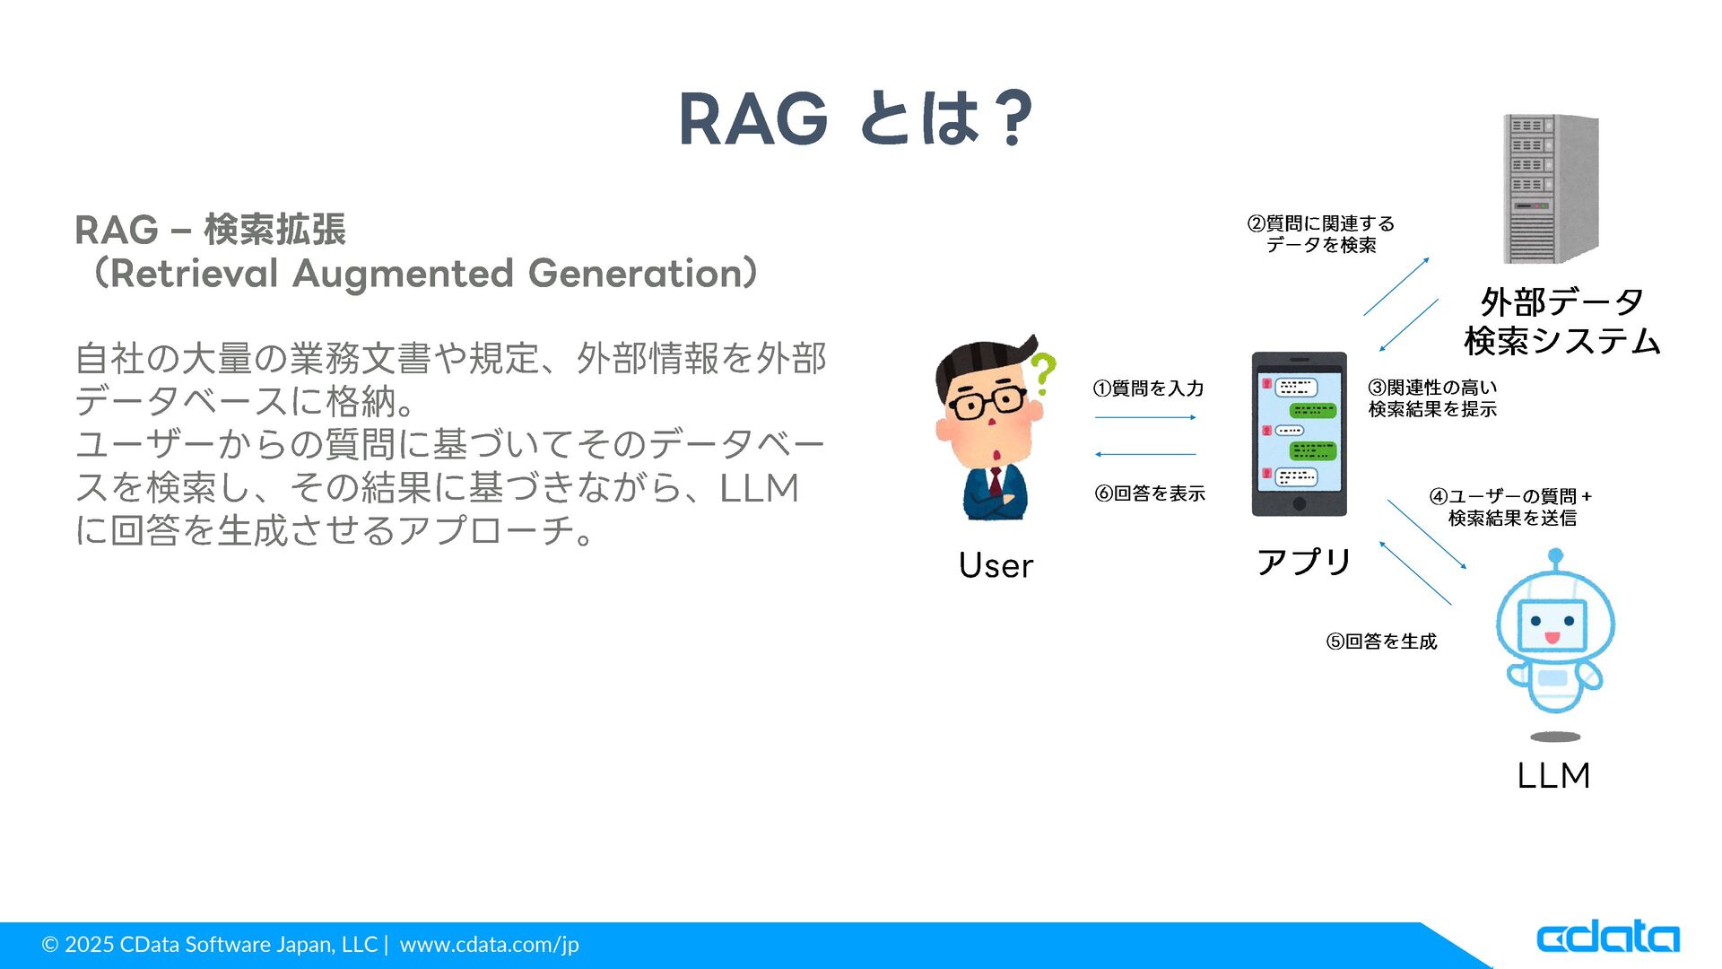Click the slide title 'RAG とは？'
[x=857, y=118]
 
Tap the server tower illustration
[x=1551, y=188]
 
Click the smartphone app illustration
[x=1299, y=434]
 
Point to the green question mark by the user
[x=1042, y=374]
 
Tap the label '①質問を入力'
[x=1148, y=388]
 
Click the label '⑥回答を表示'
[x=1150, y=493]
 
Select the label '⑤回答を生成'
[x=1381, y=642]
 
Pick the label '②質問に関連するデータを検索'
[x=1321, y=234]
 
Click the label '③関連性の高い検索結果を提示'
[x=1432, y=398]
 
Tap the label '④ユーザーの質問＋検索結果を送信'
[x=1511, y=507]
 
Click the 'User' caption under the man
[x=996, y=566]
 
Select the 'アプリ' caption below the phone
[x=1304, y=562]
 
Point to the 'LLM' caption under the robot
[x=1553, y=776]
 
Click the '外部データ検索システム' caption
[x=1562, y=321]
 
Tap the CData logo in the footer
[x=1608, y=938]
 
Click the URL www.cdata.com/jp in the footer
[x=489, y=945]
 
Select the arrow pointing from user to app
[x=1145, y=417]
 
